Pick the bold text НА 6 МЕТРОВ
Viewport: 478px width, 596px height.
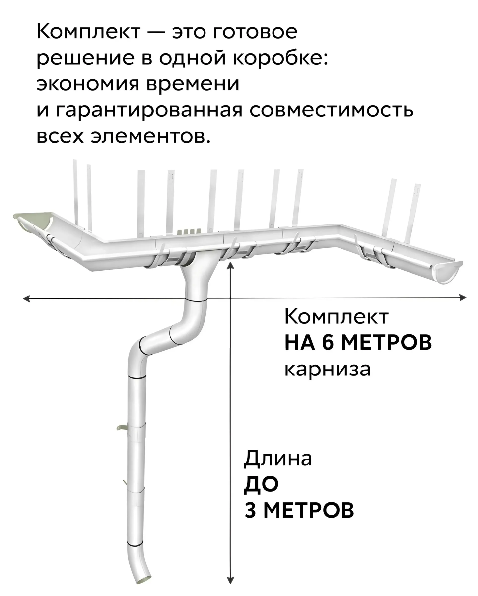pos(358,343)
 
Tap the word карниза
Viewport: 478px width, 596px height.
pos(327,369)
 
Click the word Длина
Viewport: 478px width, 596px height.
pos(278,458)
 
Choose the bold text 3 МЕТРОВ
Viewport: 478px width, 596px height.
pos(299,510)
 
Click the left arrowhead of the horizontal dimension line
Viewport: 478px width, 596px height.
pos(26,298)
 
